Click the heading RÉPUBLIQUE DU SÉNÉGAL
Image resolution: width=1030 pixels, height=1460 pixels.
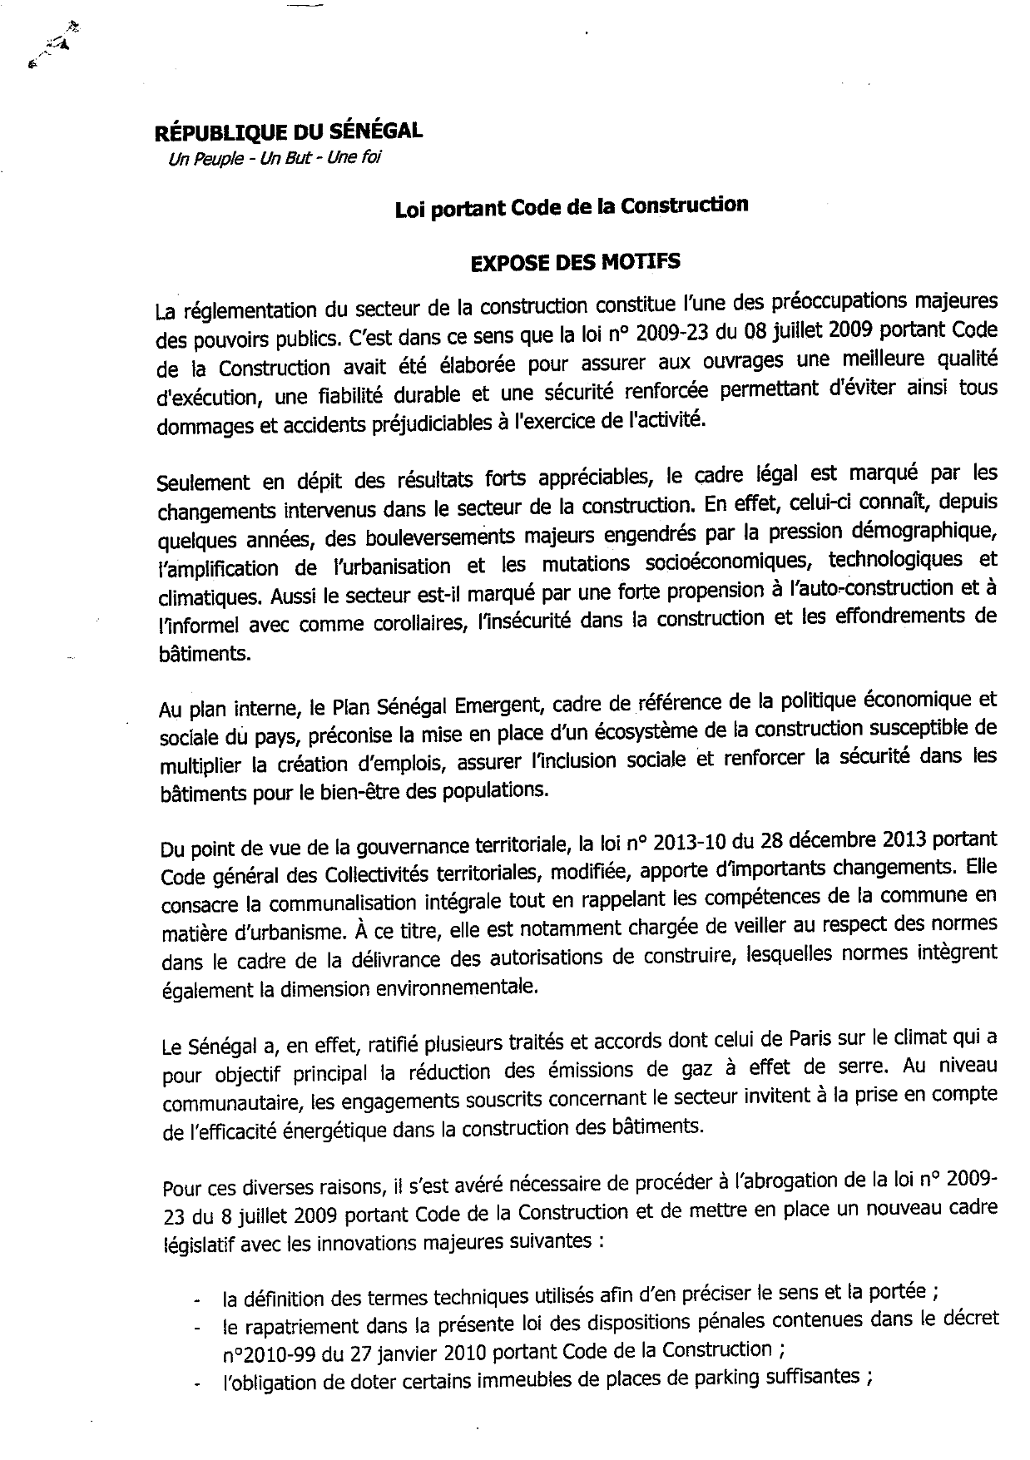coord(288,131)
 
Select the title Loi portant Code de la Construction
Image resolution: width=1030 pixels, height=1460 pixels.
coord(571,205)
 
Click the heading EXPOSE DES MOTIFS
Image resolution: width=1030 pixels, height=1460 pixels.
coord(575,262)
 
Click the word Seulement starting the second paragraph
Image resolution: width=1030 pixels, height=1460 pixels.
coord(203,482)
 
